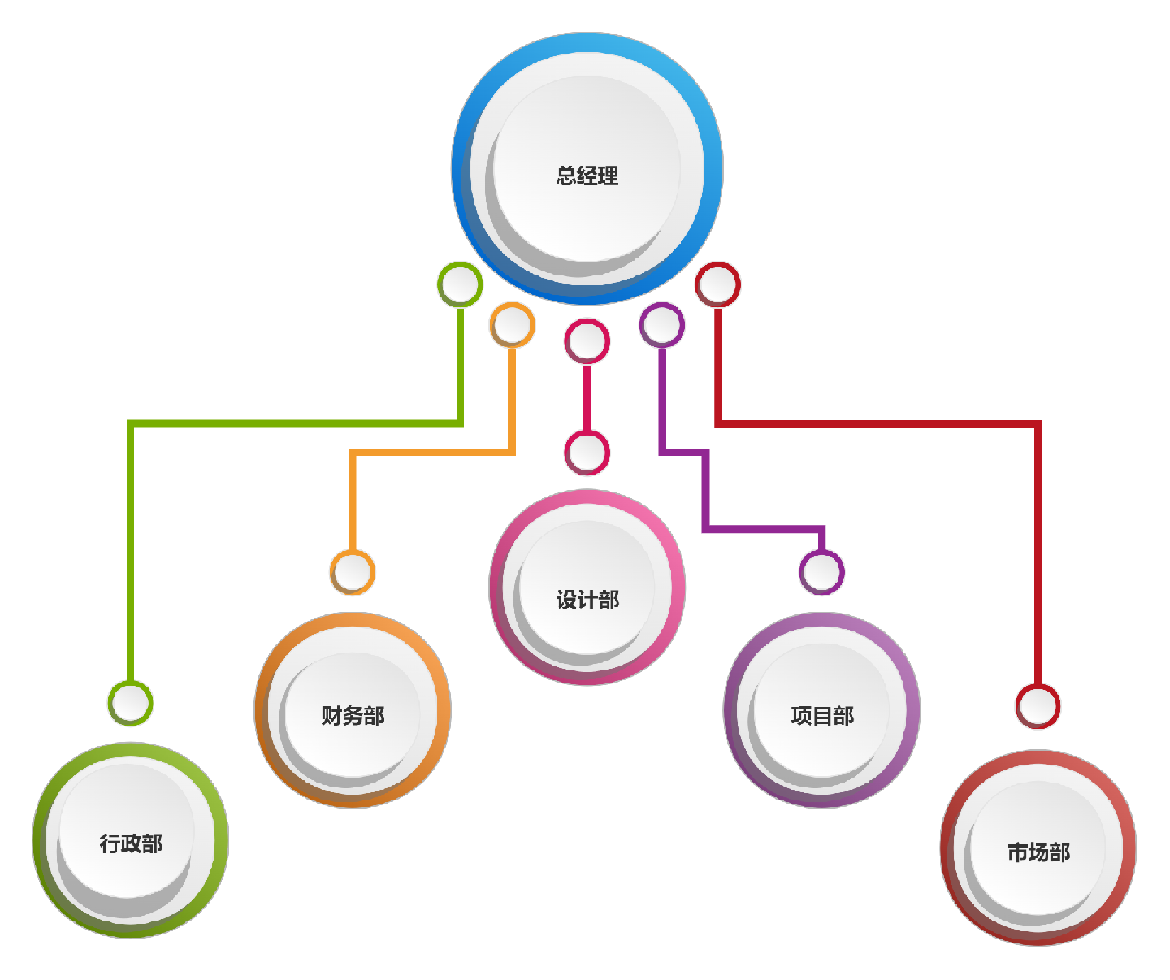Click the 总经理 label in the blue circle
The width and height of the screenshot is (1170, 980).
tap(587, 176)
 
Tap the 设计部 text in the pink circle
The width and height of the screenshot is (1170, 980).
tap(587, 601)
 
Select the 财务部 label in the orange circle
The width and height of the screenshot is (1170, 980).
tap(353, 716)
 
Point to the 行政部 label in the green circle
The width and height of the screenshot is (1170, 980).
tap(131, 843)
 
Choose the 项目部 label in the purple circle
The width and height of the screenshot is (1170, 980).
tap(822, 716)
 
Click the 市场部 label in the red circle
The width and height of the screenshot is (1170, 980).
tap(1038, 852)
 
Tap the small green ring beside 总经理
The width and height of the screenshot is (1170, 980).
tap(460, 284)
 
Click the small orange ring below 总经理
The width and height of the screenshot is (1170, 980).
tap(512, 324)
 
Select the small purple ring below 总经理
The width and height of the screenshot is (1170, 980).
tap(662, 325)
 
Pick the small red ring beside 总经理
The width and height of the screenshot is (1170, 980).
tap(717, 284)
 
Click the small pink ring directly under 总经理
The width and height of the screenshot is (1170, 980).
tap(587, 341)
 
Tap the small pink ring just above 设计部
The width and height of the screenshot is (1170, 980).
tap(587, 453)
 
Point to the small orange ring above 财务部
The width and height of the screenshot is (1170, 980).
tap(353, 571)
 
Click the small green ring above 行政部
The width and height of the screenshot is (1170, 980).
tap(130, 703)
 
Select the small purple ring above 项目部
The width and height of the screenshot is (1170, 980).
tap(821, 572)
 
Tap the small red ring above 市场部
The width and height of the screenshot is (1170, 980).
tap(1038, 706)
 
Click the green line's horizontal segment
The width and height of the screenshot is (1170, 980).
tap(292, 423)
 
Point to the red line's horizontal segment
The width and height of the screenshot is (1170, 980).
tap(877, 423)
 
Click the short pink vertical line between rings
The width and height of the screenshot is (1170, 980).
tap(587, 397)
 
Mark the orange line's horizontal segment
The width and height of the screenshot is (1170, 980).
tap(431, 452)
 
